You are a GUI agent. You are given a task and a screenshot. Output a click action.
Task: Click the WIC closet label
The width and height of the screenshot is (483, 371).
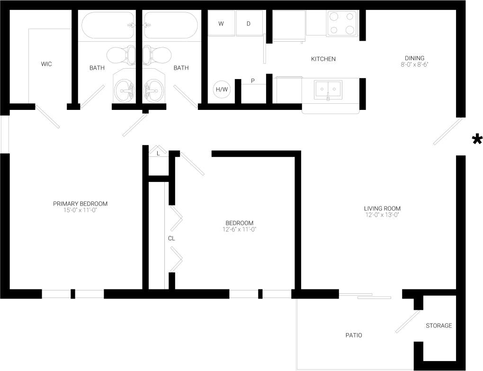pos(46,64)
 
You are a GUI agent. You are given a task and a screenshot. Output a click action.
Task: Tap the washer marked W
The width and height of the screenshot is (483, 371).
pos(221,24)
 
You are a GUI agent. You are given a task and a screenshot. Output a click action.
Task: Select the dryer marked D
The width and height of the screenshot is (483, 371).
pos(249,24)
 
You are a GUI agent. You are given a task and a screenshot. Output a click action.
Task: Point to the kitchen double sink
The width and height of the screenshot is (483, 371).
pos(328,89)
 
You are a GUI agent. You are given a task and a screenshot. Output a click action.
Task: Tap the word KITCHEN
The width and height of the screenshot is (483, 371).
pos(323,59)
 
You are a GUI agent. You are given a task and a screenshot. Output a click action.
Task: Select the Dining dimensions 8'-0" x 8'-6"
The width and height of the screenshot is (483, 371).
pos(414,64)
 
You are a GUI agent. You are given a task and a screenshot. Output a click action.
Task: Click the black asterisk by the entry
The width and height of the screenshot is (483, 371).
pos(476,139)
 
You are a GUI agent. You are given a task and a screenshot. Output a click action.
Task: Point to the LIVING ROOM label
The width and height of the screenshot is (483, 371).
pos(382,208)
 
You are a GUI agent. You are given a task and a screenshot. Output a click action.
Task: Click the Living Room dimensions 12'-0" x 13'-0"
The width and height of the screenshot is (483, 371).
pos(382,215)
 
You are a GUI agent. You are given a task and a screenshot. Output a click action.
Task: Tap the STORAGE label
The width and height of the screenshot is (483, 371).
pos(438,326)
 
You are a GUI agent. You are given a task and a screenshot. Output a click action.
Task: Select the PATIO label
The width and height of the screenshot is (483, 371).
pos(353,335)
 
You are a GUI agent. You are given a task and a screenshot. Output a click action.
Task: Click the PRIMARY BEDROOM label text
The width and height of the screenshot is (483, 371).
pos(80,204)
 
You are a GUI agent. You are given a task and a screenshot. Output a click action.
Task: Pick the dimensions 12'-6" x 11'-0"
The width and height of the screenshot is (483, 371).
pos(239,229)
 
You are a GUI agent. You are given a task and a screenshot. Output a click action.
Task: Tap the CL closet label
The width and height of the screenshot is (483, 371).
pos(171,238)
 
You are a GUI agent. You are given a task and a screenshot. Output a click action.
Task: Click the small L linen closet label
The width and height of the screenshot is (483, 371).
pos(158,154)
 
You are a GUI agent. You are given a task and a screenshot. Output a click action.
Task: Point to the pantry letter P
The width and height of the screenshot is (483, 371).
pos(253,81)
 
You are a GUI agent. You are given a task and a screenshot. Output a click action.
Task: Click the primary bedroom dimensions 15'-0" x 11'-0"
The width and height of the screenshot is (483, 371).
pos(80,210)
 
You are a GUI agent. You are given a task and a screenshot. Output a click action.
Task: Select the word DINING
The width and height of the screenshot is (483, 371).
pos(414,58)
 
